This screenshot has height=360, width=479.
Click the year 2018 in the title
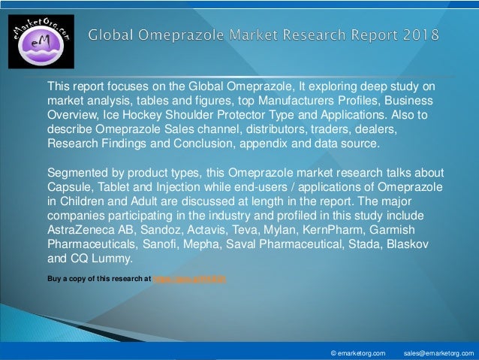click(x=416, y=35)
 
